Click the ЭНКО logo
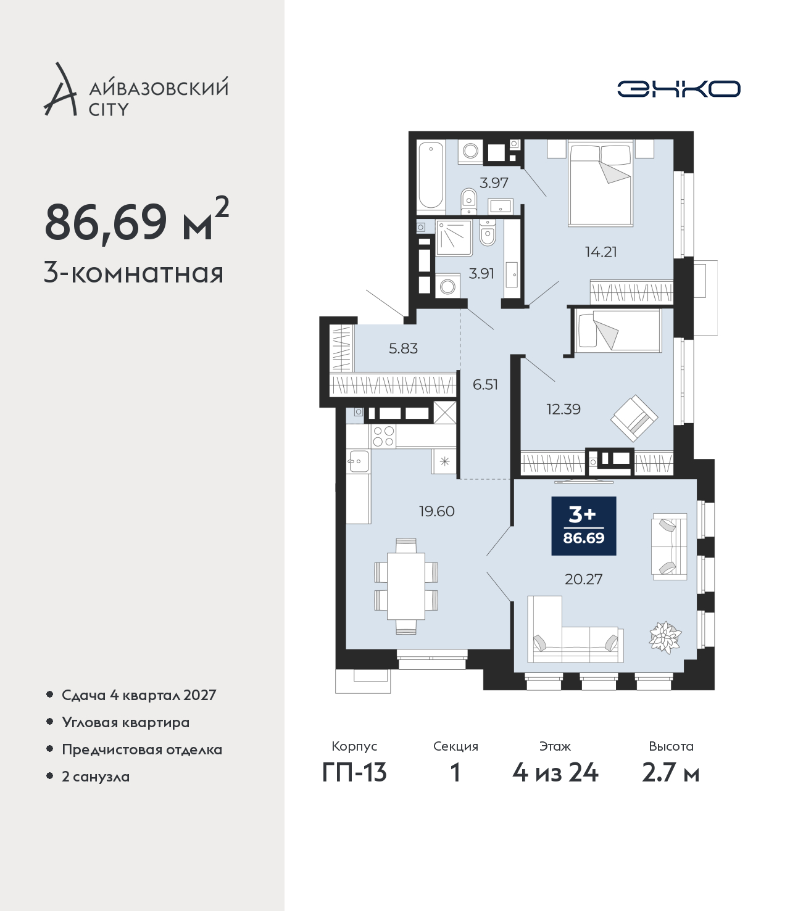tap(678, 89)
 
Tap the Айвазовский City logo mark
tap(60, 89)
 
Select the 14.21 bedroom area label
tap(601, 252)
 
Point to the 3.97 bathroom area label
tap(494, 183)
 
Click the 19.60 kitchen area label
tap(437, 511)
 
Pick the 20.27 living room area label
tap(584, 579)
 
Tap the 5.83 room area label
tap(403, 348)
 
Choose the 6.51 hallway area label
tap(485, 385)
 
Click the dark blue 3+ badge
tap(584, 526)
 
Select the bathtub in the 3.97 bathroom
tap(431, 175)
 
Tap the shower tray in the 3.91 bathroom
tap(454, 238)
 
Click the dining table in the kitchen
tap(406, 586)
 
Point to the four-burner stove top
tap(383, 436)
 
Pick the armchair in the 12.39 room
tap(634, 418)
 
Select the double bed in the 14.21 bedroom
tap(601, 183)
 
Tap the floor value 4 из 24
tap(555, 773)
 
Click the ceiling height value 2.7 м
tap(671, 773)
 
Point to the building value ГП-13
tap(355, 773)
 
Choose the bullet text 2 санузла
tap(96, 777)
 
